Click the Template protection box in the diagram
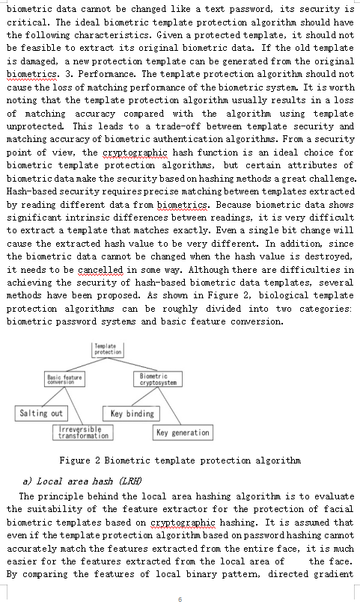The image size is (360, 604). coord(109,349)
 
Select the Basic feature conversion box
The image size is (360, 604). coord(65,380)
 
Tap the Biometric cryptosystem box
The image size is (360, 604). coord(159,380)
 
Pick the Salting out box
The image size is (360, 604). coord(41,413)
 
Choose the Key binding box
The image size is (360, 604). coord(132,413)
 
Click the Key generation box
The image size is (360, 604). coord(183,432)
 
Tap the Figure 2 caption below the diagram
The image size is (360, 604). coord(180,460)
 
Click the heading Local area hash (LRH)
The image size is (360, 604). coord(82,481)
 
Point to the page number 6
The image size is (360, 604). coord(180,599)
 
